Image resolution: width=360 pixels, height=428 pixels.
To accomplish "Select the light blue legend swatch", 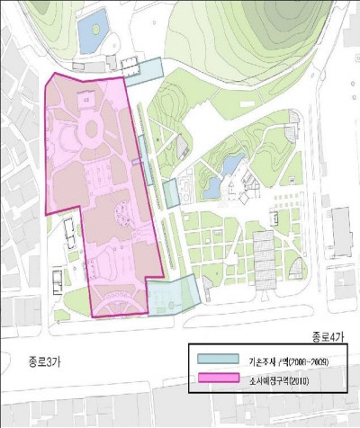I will pyautogui.click(x=217, y=361).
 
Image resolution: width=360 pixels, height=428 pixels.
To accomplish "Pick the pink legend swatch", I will pyautogui.click(x=217, y=383).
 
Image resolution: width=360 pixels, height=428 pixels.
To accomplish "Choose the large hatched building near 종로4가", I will pyautogui.click(x=263, y=256).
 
